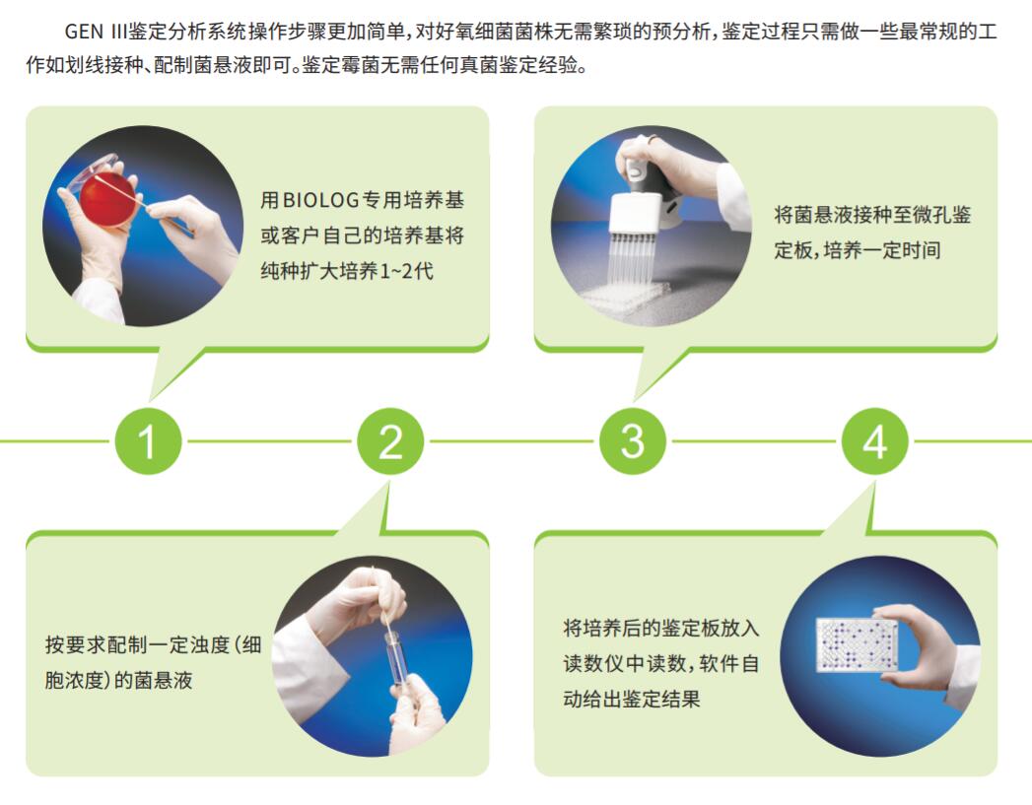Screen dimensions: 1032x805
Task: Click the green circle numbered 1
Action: click(148, 440)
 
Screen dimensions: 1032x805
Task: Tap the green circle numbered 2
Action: click(390, 440)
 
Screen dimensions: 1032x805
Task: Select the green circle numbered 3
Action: click(633, 440)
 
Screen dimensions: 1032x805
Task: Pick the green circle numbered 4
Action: click(874, 440)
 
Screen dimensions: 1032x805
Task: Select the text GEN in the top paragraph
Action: click(84, 32)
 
